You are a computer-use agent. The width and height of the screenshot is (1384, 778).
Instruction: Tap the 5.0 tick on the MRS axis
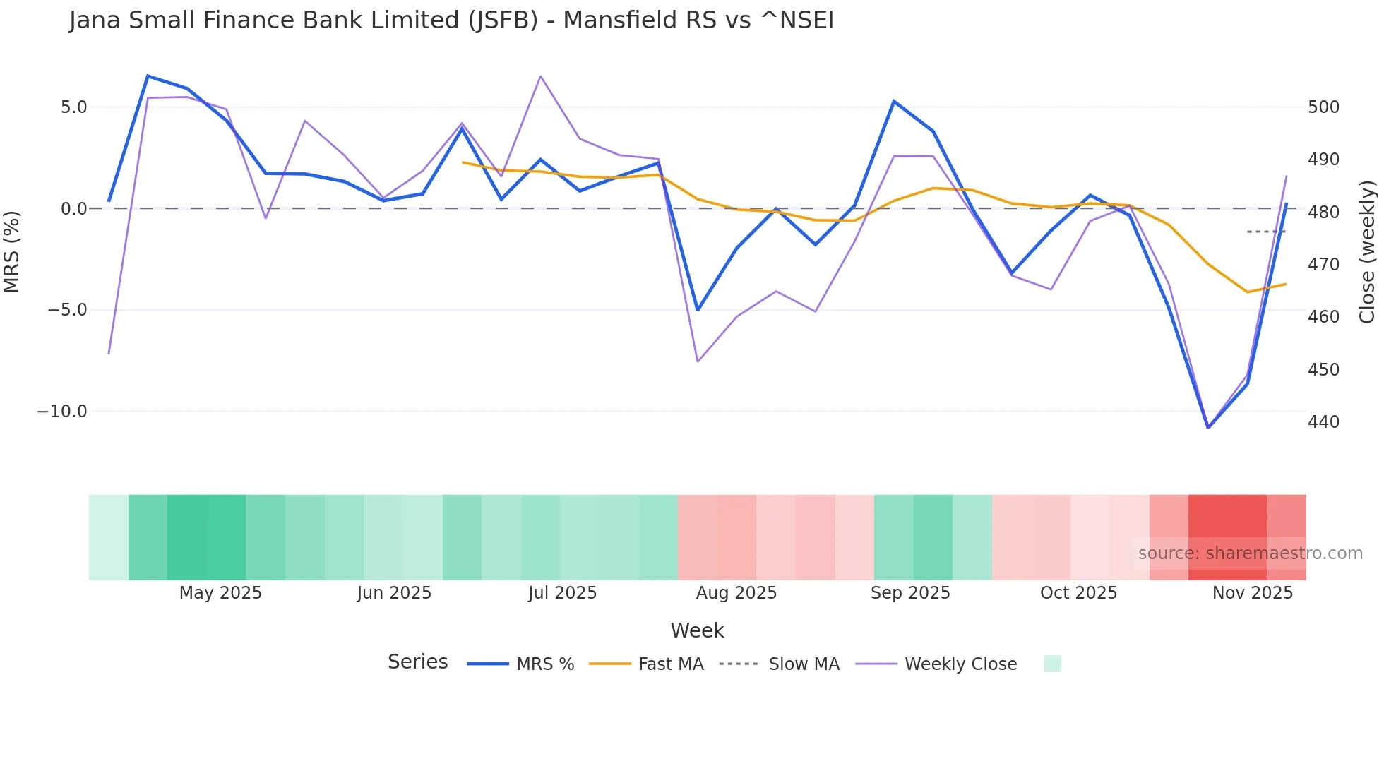click(73, 107)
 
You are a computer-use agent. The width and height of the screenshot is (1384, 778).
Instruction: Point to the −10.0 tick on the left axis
click(62, 412)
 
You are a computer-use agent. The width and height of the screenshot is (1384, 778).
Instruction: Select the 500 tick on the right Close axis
click(1323, 107)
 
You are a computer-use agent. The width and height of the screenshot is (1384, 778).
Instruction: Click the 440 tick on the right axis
click(1323, 422)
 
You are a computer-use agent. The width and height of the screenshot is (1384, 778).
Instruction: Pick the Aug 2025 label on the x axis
click(736, 593)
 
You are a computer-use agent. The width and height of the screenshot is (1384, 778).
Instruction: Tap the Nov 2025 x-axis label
click(1252, 593)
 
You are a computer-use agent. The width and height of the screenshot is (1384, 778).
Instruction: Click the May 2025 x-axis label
click(220, 593)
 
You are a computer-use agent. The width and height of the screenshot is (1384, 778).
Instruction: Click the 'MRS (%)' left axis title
click(12, 251)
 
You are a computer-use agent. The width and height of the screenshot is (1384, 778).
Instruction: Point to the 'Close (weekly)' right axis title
click(1367, 251)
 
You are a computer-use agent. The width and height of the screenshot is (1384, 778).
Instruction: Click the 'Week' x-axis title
click(697, 630)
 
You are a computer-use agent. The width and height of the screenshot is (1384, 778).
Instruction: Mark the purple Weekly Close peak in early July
click(540, 76)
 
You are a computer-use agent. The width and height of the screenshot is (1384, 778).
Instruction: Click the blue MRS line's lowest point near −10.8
click(1208, 427)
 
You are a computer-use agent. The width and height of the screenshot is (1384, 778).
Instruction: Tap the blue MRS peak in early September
click(894, 101)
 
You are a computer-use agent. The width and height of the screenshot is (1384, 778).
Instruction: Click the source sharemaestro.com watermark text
click(1250, 553)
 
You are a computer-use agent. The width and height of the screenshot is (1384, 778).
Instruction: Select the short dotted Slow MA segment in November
click(1266, 232)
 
